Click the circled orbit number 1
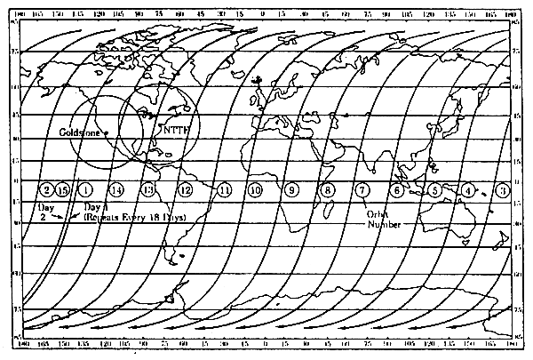coord(85,189)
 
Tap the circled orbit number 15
coord(62,189)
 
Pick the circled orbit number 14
coord(116,189)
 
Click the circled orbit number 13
coord(148,189)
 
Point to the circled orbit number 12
coord(185,189)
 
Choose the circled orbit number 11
coord(224,189)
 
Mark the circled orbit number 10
coord(256,189)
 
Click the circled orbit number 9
coord(291,189)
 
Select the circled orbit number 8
coord(328,189)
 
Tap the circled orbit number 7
coord(362,189)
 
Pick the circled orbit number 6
coord(397,189)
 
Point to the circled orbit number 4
coord(468,189)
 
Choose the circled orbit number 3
coord(503,189)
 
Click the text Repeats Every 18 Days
coord(141,217)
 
